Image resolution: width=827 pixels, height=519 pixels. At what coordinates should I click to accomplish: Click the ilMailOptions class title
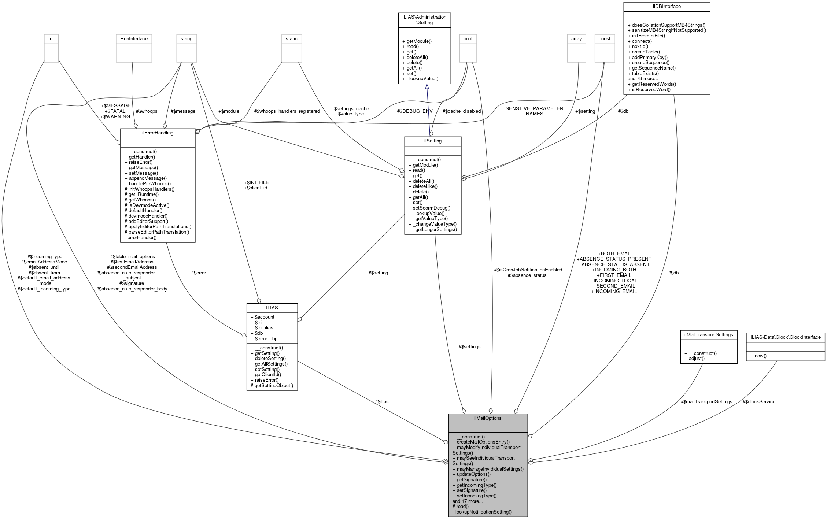tap(488, 418)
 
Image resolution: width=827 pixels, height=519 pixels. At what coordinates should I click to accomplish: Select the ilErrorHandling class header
tap(158, 133)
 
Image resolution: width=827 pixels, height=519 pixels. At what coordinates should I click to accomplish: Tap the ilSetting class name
tap(432, 141)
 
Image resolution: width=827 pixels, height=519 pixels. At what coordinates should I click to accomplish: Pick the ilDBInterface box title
tap(667, 7)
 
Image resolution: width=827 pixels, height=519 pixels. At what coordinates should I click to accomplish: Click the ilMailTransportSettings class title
tap(708, 334)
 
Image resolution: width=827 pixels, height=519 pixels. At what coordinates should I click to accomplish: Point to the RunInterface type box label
tap(134, 39)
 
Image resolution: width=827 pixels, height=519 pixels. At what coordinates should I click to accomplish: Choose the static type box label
tap(291, 39)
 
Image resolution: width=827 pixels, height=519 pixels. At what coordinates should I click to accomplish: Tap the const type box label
tap(604, 39)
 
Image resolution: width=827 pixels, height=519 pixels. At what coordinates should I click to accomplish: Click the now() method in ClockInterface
tap(758, 356)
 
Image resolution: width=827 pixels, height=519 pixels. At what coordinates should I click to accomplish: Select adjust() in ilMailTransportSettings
tap(694, 358)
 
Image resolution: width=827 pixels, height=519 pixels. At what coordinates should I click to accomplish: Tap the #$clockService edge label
tap(758, 401)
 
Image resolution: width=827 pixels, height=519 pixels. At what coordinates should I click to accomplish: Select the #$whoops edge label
tap(147, 111)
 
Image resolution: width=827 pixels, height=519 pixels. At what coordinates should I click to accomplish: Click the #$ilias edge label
tap(381, 401)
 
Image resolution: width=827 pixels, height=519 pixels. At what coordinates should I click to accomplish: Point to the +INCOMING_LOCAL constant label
tap(614, 281)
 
